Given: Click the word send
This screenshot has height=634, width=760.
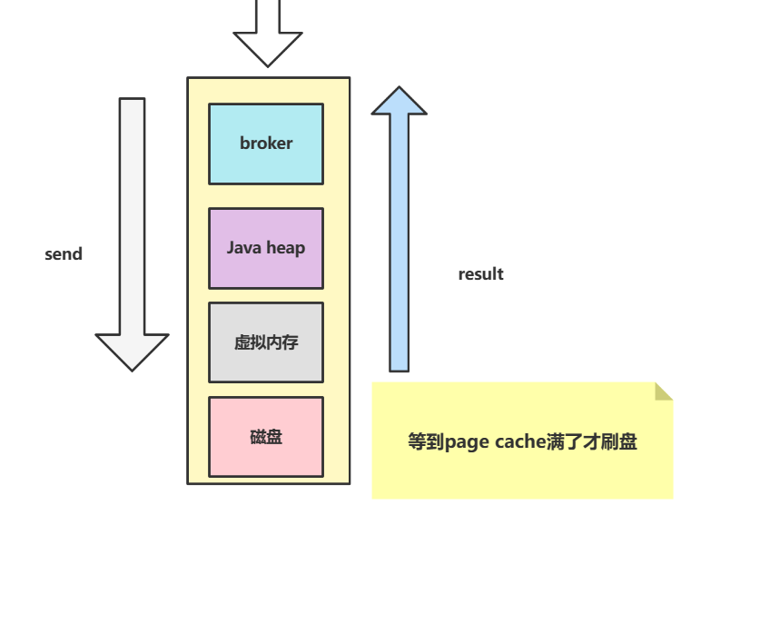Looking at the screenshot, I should click(x=64, y=254).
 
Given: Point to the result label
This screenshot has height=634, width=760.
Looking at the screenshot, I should click(x=480, y=274).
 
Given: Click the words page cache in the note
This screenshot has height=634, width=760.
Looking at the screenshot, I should click(x=496, y=442).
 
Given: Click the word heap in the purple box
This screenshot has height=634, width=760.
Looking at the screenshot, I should click(x=286, y=248).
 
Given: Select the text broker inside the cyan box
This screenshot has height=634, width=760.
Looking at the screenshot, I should click(x=266, y=144).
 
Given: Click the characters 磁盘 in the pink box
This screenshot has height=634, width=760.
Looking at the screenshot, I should click(x=266, y=437).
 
